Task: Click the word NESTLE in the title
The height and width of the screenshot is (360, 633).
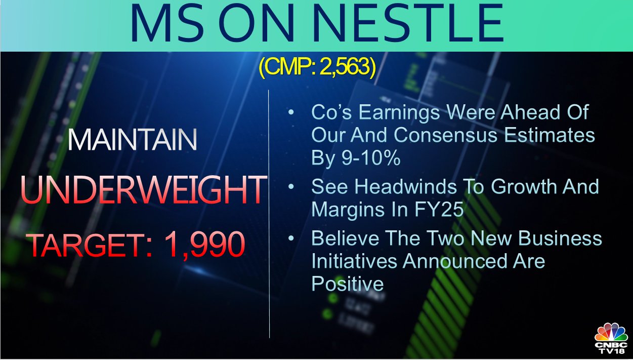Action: [x=408, y=23]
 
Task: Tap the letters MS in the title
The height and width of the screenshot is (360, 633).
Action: [x=167, y=23]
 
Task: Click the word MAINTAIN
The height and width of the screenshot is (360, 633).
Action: [x=132, y=140]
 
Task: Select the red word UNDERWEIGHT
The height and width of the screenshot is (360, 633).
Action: [x=144, y=189]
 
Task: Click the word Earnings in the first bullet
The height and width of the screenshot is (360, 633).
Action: [x=399, y=112]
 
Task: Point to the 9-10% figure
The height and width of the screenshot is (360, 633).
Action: [x=371, y=157]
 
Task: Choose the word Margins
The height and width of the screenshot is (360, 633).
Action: [x=357, y=210]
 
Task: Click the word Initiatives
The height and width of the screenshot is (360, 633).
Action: [x=354, y=261]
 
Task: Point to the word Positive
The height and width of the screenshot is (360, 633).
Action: [x=348, y=284]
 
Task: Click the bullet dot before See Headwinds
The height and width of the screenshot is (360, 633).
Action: [x=291, y=187]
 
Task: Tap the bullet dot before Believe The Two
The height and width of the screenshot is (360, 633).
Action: [x=291, y=238]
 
